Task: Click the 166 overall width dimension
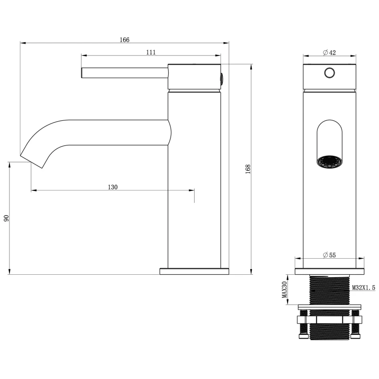pos(125,40)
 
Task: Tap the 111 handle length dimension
pos(151,52)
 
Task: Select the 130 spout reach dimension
pos(113,187)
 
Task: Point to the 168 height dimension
pos(248,169)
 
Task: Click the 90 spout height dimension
pos(6,218)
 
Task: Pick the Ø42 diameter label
pos(329,53)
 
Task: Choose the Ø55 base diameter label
pos(329,255)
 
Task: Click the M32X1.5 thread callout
pos(363,288)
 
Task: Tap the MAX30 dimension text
pos(285,289)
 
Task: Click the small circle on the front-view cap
pos(329,73)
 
